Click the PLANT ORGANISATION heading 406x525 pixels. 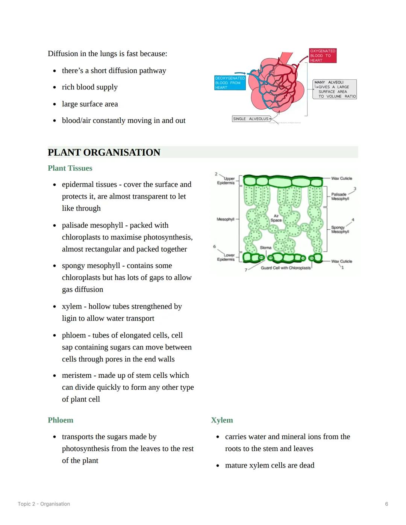click(104, 152)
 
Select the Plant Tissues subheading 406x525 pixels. click(70, 168)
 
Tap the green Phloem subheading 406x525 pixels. click(60, 420)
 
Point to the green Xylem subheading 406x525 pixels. click(222, 420)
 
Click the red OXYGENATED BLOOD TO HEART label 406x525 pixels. click(323, 56)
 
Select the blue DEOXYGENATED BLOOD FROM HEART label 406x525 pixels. click(230, 83)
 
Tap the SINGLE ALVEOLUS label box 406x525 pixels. click(251, 119)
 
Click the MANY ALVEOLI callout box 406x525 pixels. click(335, 89)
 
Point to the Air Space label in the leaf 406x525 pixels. click(276, 218)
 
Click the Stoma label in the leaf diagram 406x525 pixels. click(265, 248)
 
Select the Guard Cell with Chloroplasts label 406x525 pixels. click(286, 268)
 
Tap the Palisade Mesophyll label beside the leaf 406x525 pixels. click(340, 197)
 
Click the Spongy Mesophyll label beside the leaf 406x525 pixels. click(340, 229)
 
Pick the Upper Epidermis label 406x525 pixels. click(226, 181)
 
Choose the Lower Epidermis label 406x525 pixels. click(226, 257)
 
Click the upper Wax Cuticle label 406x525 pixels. click(341, 178)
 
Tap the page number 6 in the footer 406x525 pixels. click(386, 504)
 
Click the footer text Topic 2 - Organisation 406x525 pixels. click(44, 504)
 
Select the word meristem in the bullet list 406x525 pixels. click(76, 375)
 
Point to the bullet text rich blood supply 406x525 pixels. click(89, 87)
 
